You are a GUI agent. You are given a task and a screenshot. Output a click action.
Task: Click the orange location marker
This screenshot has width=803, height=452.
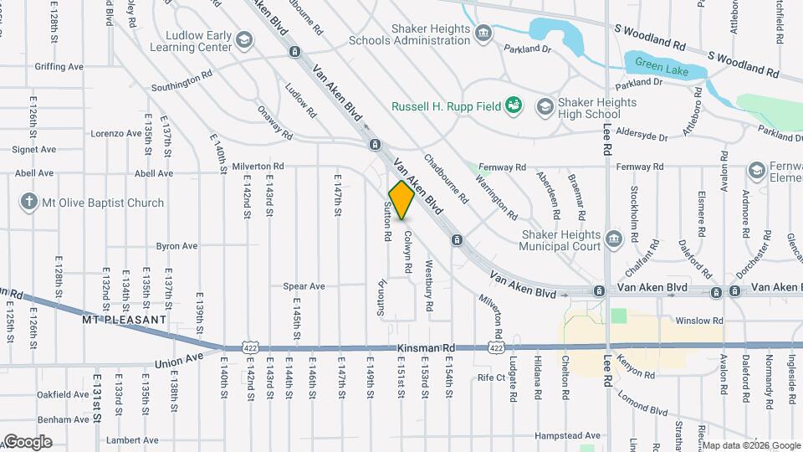coord(402,200)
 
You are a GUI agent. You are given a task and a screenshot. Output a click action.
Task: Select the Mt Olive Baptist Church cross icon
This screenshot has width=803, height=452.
coord(29,203)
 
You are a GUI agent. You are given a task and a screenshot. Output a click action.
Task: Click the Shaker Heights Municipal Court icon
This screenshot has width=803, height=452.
coord(614,240)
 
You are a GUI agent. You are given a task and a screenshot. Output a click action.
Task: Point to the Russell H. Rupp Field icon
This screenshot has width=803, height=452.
coord(514,105)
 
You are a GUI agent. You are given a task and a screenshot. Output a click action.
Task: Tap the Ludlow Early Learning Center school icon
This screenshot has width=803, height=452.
coord(243,39)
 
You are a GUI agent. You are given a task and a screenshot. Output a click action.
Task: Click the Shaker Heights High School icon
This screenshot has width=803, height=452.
coord(545,106)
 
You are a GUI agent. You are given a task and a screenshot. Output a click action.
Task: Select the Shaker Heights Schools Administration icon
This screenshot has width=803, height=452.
coord(483,33)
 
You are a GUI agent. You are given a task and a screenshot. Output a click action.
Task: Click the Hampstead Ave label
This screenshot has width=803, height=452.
coord(568,435)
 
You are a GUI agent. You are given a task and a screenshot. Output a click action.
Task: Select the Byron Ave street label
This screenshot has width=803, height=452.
coord(176,246)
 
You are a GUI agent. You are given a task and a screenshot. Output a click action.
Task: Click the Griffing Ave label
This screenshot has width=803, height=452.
coord(59,65)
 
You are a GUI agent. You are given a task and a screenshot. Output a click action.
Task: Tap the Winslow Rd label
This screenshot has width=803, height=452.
coord(698,321)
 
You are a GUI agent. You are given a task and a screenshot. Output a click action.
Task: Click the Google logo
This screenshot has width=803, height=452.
coord(27,442)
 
